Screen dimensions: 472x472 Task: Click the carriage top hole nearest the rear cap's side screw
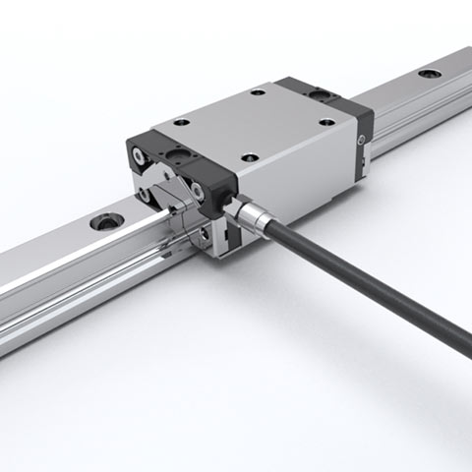(x=328, y=122)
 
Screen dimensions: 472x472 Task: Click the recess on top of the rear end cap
(x=322, y=92)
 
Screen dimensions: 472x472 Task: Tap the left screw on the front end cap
(x=138, y=152)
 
